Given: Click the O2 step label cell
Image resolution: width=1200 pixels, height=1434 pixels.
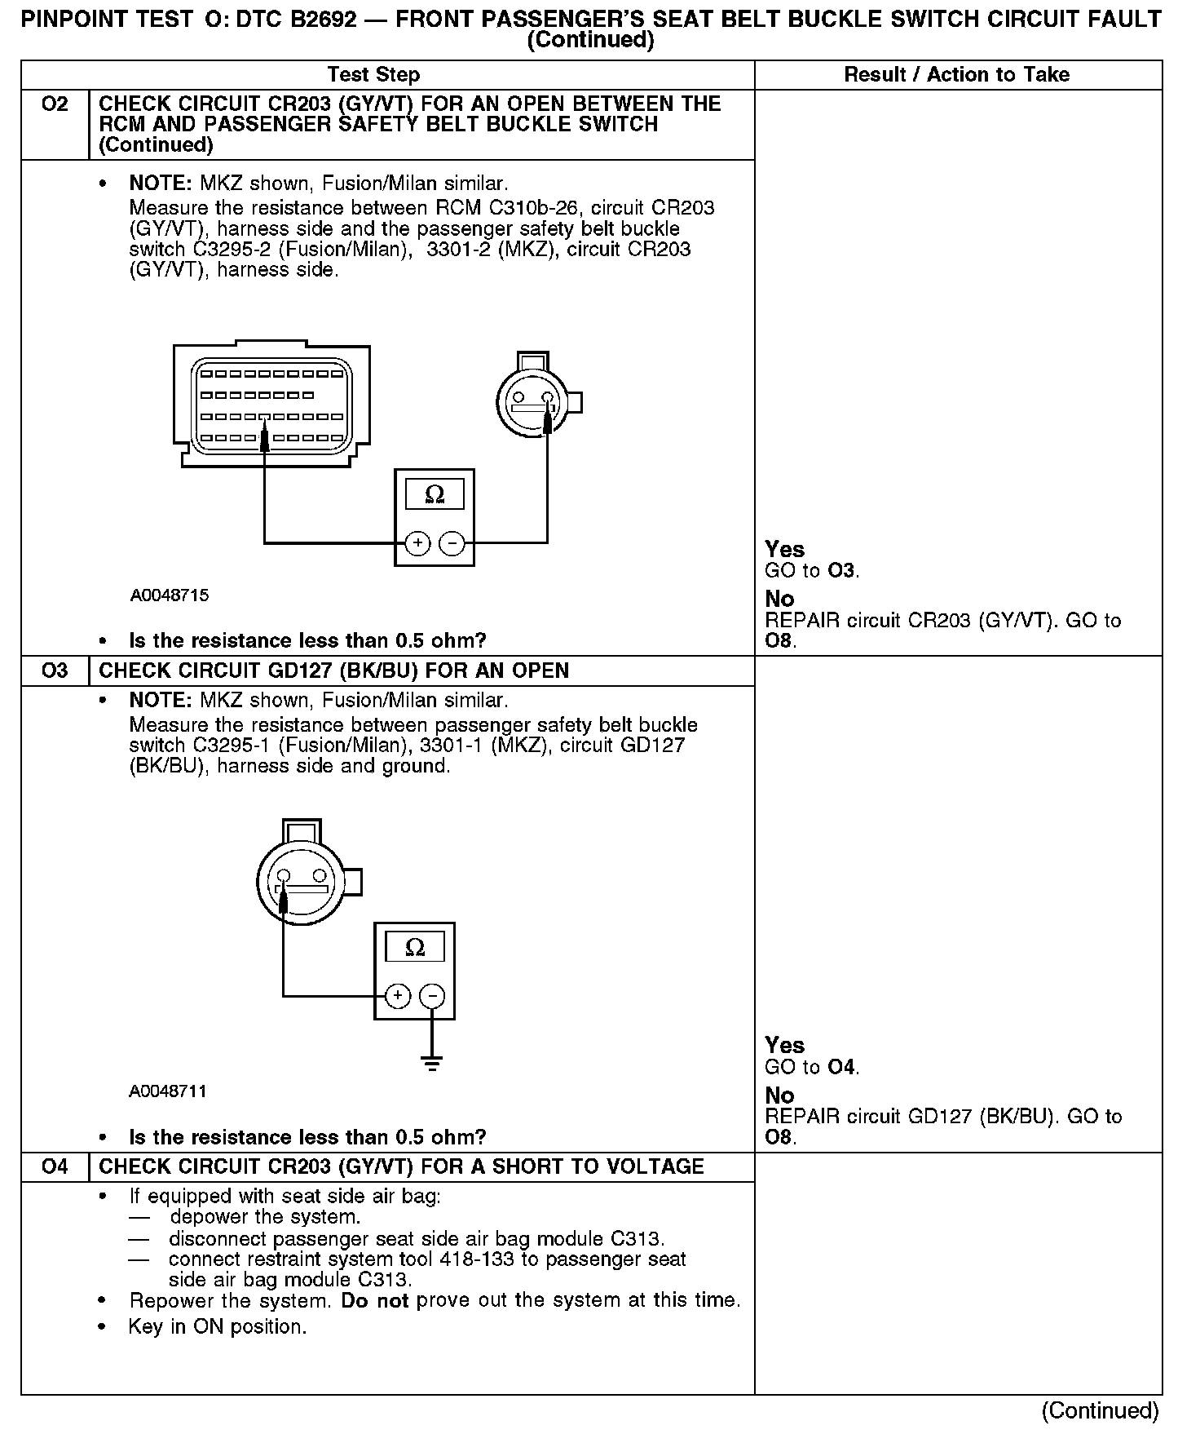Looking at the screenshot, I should coord(55,104).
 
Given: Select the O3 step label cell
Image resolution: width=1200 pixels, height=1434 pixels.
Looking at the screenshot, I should coord(55,671).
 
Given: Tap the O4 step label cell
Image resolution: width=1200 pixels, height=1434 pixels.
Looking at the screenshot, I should coord(55,1166).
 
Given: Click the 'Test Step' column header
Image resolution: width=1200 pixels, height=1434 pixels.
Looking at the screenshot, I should coord(373,75).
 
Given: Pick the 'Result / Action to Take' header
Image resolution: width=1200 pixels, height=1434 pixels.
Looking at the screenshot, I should coord(956,75).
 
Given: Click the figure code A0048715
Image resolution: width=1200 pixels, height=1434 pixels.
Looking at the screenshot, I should coord(169,595).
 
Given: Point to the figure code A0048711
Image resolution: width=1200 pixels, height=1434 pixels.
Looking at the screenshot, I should coord(167,1091).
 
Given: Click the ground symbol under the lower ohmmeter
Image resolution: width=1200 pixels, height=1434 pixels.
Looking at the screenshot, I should coord(433,1063).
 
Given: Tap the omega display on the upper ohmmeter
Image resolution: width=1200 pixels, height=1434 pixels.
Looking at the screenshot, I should coord(435,494).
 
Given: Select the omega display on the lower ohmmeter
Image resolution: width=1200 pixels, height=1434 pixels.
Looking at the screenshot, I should coord(415,948).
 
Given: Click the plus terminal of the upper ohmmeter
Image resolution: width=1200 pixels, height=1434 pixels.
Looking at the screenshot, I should coord(417,543).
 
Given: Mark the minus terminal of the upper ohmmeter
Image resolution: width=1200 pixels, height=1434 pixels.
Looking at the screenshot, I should coord(452,543).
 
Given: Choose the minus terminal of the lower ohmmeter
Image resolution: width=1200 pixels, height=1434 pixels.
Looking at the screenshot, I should coord(432,996).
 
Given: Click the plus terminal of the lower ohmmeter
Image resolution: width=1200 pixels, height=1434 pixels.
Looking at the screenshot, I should coord(398,996).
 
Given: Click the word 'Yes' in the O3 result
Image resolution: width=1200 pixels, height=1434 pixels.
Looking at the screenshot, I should coord(784,1046).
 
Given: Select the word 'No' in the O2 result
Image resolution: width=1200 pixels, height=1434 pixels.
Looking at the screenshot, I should coord(779,600).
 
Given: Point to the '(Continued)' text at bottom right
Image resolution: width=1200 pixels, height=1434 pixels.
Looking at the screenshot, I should coord(1100,1410).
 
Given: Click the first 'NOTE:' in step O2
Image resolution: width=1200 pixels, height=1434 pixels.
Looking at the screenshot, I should coord(161,184).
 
